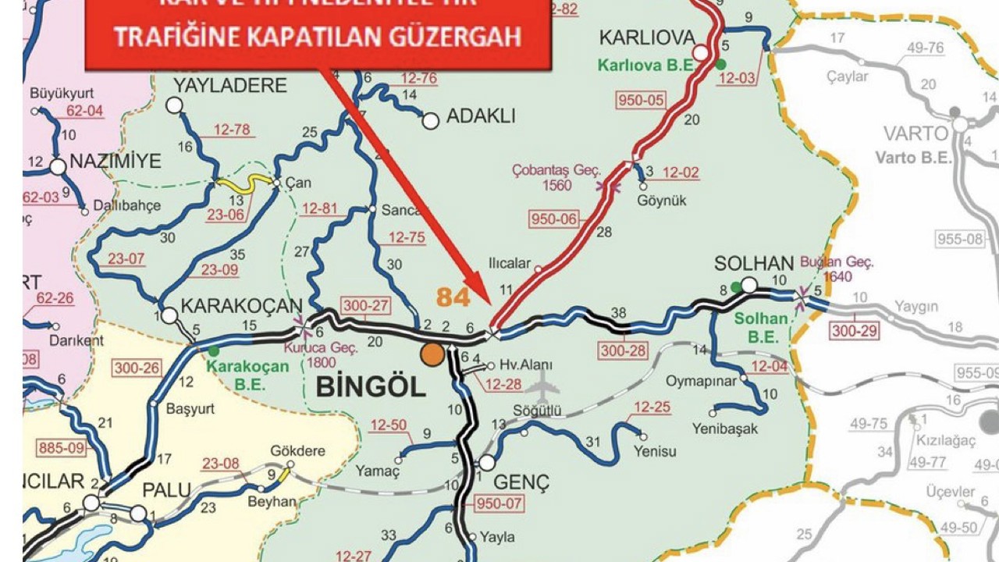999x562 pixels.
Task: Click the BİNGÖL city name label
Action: click(371, 386)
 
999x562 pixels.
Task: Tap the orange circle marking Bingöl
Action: click(432, 354)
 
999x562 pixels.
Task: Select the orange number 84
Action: click(453, 297)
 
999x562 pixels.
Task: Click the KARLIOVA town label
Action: click(646, 37)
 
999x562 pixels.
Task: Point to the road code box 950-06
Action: click(554, 219)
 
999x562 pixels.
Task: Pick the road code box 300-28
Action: click(623, 350)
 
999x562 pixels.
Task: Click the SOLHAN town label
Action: click(753, 264)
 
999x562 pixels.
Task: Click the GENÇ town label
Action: click(521, 482)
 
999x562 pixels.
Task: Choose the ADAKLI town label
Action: click(480, 117)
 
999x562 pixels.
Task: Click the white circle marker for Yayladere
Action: click(174, 105)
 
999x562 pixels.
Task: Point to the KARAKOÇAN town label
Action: click(240, 306)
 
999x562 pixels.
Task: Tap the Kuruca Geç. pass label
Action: click(322, 348)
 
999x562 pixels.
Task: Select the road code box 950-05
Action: click(641, 100)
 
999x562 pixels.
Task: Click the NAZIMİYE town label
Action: click(115, 162)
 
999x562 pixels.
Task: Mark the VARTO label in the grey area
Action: click(915, 133)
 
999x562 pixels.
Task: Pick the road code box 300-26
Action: click(137, 367)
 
